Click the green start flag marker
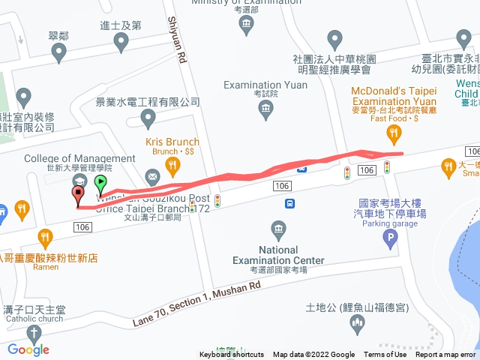coord(101,182)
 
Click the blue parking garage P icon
coord(389,240)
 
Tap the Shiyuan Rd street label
coord(177,42)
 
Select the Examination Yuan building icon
coord(265,110)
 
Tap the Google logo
coord(28,349)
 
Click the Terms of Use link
coord(385,355)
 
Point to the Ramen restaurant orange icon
coord(46,239)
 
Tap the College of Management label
coord(79,158)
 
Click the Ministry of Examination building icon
coord(247,25)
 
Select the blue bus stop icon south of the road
coord(289,203)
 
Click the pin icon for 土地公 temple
coord(357,323)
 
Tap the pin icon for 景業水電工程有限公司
coord(148,117)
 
